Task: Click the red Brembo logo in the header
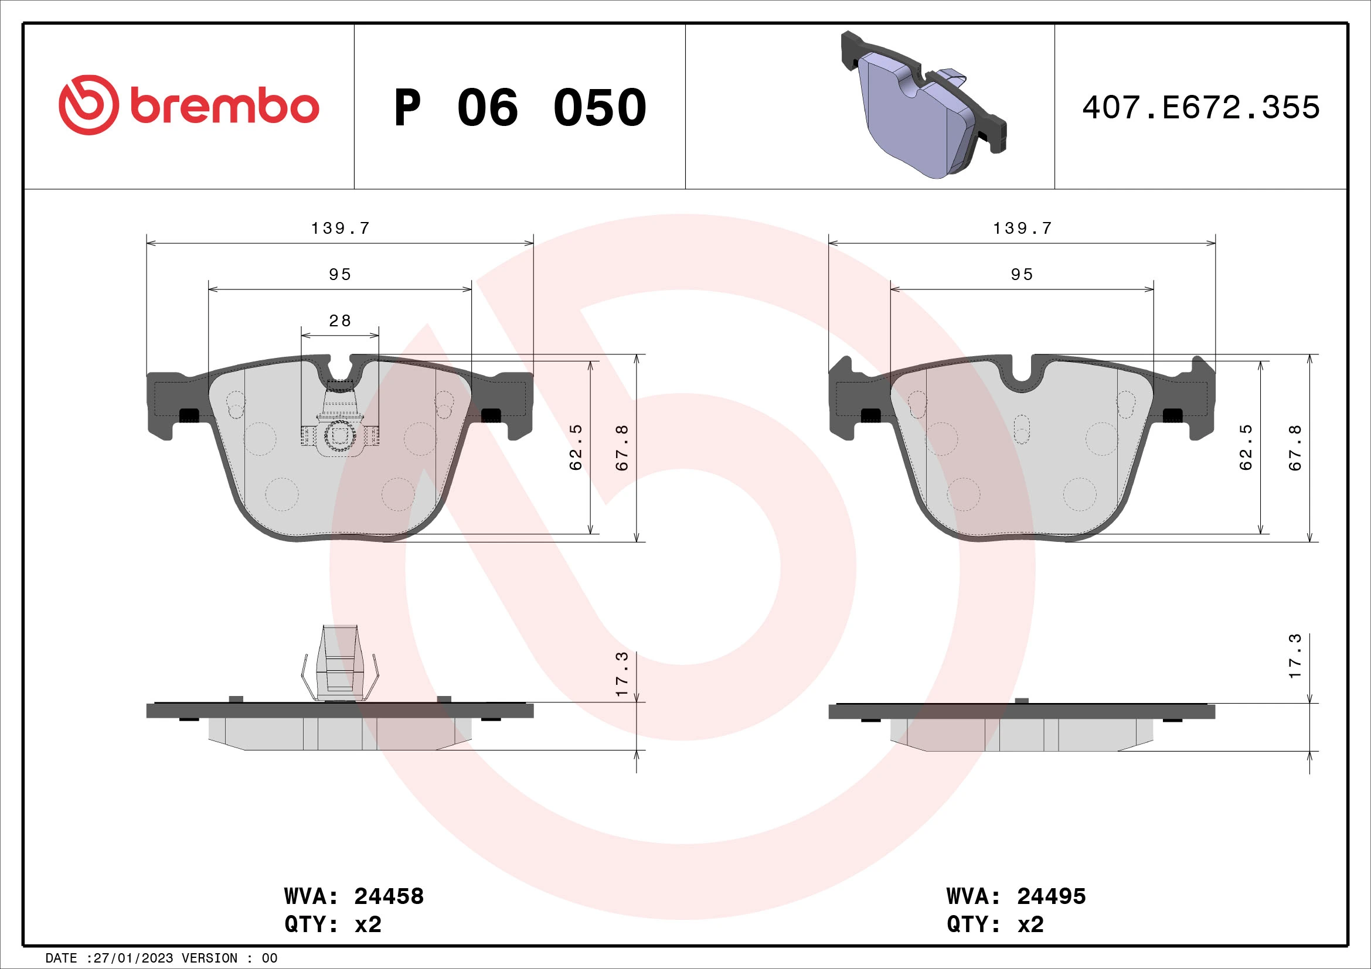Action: [x=189, y=105]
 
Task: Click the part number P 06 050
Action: [x=519, y=108]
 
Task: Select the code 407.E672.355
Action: [x=1200, y=108]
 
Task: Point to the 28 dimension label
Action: [x=340, y=321]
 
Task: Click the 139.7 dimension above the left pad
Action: [x=341, y=228]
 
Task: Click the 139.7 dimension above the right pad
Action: [x=1022, y=228]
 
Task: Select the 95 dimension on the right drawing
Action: [x=1022, y=274]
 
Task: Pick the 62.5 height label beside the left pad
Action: [x=576, y=448]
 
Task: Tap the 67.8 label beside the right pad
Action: [x=1295, y=448]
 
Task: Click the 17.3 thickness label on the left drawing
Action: [x=622, y=674]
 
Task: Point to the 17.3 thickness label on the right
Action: [x=1295, y=656]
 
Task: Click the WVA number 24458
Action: [x=389, y=896]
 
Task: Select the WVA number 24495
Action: [x=1051, y=896]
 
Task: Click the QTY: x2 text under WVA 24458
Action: [x=332, y=924]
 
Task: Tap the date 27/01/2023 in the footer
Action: [x=133, y=958]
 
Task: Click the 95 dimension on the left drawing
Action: [x=340, y=274]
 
